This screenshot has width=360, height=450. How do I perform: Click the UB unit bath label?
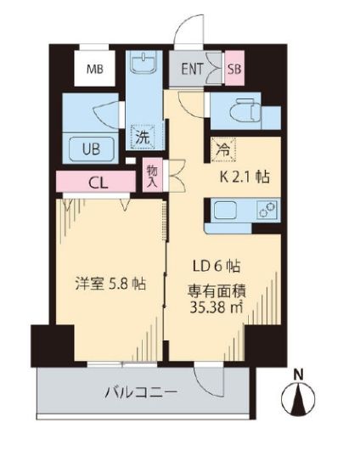coord(91,148)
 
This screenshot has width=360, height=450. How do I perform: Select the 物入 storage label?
coord(154,177)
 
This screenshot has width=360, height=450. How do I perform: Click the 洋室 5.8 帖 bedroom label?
coord(107,284)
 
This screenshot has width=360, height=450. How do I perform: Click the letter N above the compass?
coord(298,372)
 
